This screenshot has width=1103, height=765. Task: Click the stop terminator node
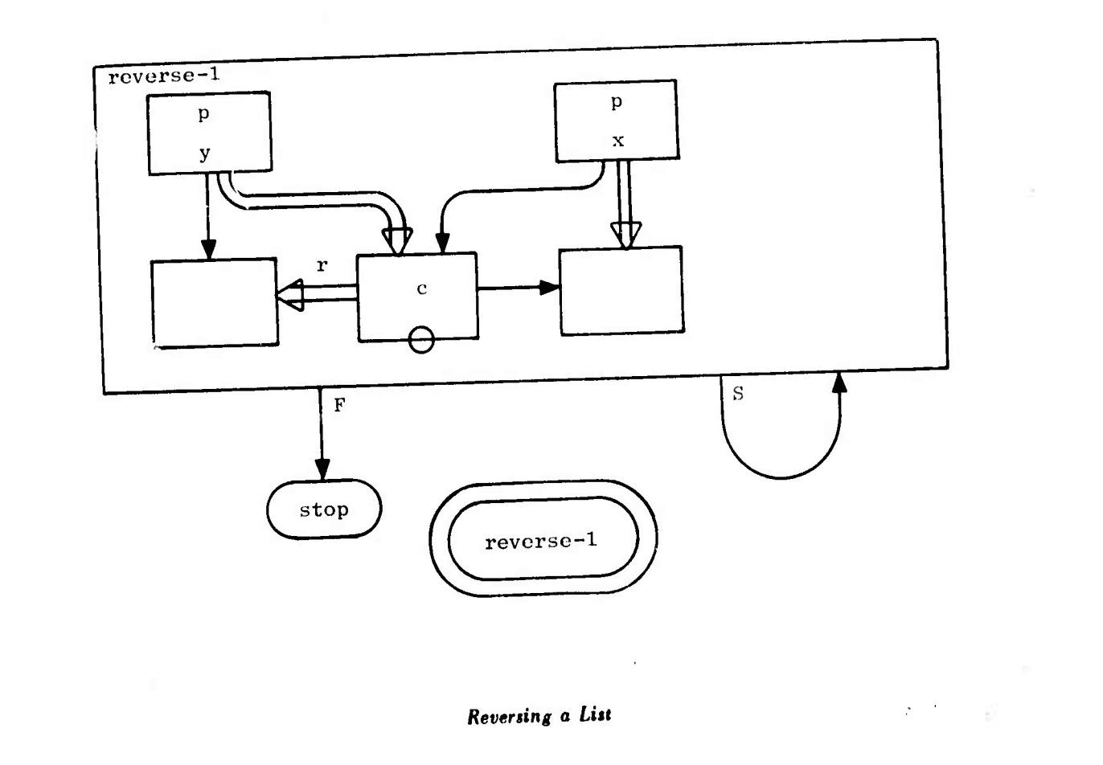324,509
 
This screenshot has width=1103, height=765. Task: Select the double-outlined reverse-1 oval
543,540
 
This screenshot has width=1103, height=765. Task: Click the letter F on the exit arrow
339,405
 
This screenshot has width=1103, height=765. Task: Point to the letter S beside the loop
738,395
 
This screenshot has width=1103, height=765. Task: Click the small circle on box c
421,341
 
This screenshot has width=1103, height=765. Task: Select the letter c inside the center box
421,289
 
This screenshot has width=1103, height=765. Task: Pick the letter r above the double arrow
322,266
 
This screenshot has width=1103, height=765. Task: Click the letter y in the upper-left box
204,153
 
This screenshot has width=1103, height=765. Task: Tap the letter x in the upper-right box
617,141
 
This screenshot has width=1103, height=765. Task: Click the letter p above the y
204,114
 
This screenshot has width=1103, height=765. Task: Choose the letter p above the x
617,103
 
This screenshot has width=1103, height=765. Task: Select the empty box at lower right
621,291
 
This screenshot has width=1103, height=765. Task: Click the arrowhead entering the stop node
322,468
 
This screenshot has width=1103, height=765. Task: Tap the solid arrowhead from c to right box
550,288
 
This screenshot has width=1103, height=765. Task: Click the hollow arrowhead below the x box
626,235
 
